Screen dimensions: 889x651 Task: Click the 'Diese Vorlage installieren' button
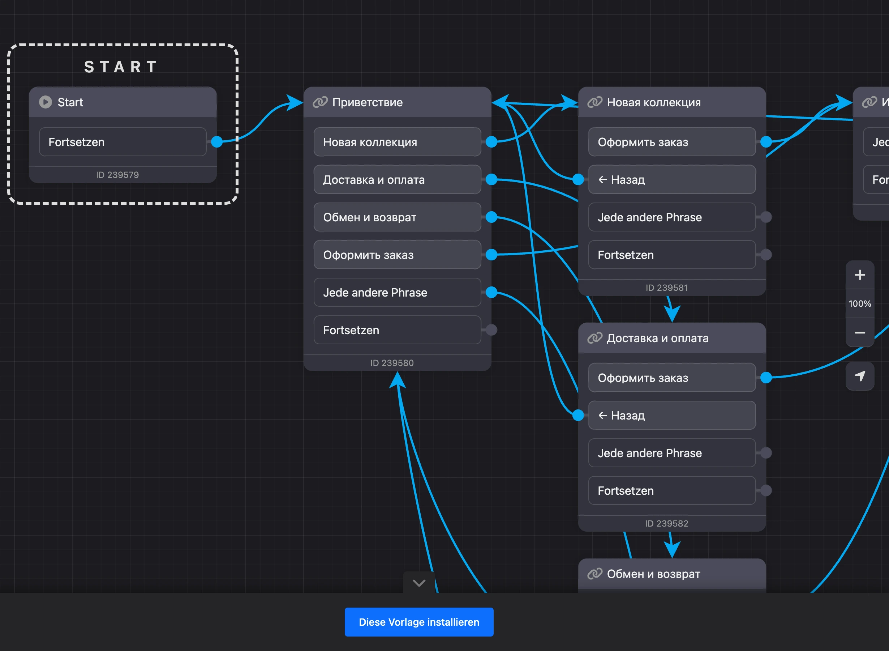click(x=419, y=622)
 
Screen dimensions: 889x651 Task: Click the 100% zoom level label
click(x=860, y=304)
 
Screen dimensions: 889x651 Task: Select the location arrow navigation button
click(x=860, y=376)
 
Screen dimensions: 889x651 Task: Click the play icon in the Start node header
click(x=46, y=102)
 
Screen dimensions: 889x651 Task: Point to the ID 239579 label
click(x=117, y=175)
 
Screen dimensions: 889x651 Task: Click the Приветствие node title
click(x=367, y=102)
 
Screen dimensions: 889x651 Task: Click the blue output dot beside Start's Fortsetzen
click(x=217, y=141)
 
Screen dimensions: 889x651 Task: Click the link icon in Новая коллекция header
click(x=595, y=102)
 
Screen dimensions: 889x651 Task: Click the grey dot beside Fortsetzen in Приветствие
click(x=491, y=330)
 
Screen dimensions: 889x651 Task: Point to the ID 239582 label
click(x=666, y=523)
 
